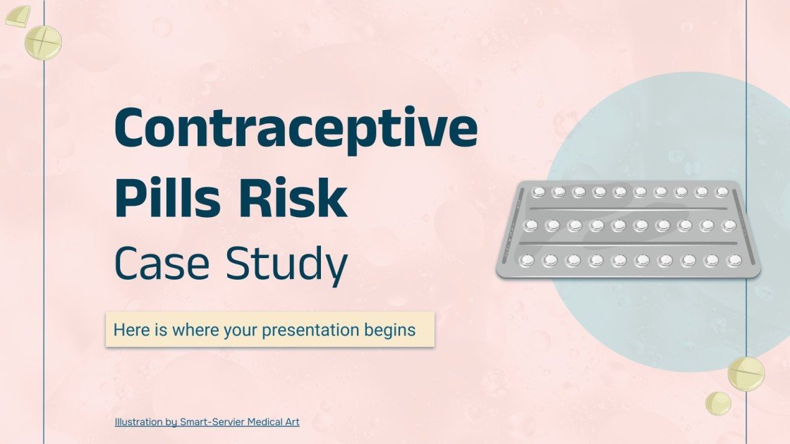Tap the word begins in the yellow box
(x=391, y=330)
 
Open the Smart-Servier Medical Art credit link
(x=239, y=422)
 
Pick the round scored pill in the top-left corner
(x=43, y=42)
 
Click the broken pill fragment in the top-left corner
(x=18, y=16)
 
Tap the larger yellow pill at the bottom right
(x=746, y=374)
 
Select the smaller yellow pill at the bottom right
(x=718, y=403)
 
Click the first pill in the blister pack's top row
(x=537, y=191)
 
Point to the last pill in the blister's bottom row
(x=734, y=260)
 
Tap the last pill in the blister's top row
(x=721, y=192)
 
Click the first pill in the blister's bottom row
(x=526, y=261)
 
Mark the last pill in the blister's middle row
(x=728, y=226)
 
